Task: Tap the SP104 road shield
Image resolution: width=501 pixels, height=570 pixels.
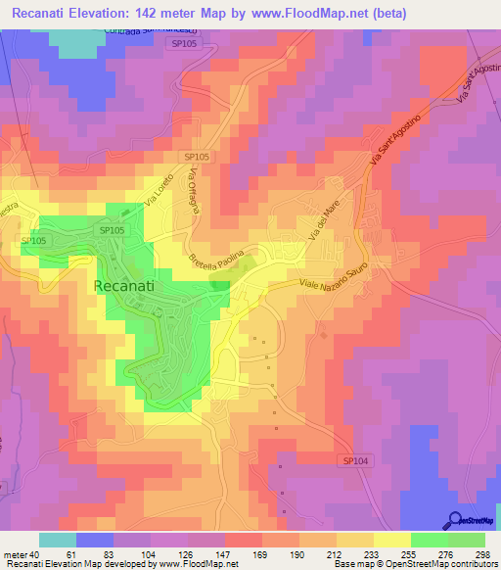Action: [x=358, y=459]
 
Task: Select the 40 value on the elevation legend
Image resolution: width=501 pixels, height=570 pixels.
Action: [x=35, y=554]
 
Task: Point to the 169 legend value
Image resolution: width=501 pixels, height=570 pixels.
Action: [x=259, y=554]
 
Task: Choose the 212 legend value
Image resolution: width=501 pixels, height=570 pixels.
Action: [x=333, y=554]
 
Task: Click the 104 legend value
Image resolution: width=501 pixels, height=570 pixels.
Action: [x=150, y=554]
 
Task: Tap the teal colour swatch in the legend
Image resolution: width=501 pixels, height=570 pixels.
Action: [x=57, y=540]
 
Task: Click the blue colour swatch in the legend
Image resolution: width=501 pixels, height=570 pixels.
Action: [x=94, y=540]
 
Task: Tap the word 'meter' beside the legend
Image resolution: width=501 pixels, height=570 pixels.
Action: [x=15, y=554]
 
